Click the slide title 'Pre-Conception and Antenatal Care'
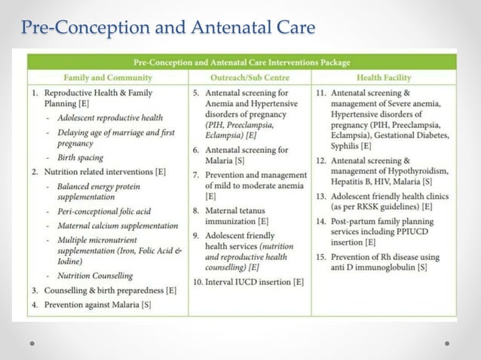[168, 29]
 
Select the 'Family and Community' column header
[108, 78]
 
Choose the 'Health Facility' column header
[383, 78]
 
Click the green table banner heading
[241, 63]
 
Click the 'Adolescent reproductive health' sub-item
[109, 117]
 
